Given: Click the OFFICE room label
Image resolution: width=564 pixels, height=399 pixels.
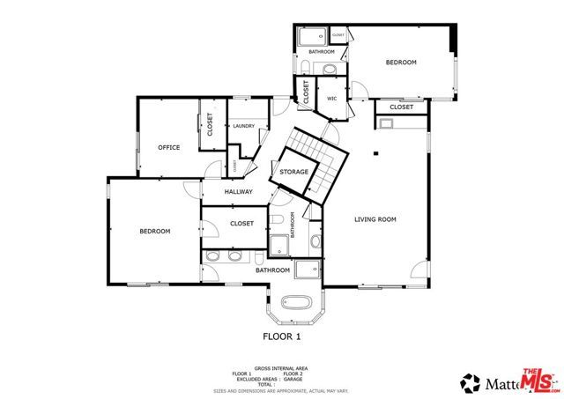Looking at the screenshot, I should pos(168,147).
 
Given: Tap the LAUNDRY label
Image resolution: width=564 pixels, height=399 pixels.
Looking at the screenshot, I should pos(243,126).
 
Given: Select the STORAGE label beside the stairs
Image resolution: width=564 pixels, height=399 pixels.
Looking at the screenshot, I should pos(293,172).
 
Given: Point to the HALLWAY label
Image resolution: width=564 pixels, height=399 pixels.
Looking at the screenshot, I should pos(238,192).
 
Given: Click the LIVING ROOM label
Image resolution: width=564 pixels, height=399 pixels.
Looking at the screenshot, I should pos(375,219).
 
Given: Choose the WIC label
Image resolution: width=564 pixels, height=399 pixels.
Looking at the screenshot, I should pos(332,99).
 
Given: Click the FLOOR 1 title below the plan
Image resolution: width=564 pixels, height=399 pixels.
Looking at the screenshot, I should pos(282,336).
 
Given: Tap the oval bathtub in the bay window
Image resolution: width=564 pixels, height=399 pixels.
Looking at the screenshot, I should pos(295,304).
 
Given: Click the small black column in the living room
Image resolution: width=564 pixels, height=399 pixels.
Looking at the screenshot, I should pos(376,153).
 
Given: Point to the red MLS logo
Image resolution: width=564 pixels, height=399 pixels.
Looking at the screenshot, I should pos(541,380).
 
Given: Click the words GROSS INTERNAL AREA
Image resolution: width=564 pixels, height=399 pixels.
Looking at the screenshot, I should pos(281,368).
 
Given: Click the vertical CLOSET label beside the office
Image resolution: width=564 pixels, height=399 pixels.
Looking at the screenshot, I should pos(211,124).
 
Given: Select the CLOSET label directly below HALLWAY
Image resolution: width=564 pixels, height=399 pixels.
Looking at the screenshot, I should pos(241,224).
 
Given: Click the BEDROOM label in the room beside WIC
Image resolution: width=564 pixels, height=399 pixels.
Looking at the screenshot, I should pos(401,63).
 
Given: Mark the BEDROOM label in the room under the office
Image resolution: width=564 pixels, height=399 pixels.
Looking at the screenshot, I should pos(154,231).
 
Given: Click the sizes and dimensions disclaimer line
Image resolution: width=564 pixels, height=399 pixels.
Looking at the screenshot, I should pos(281,389).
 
